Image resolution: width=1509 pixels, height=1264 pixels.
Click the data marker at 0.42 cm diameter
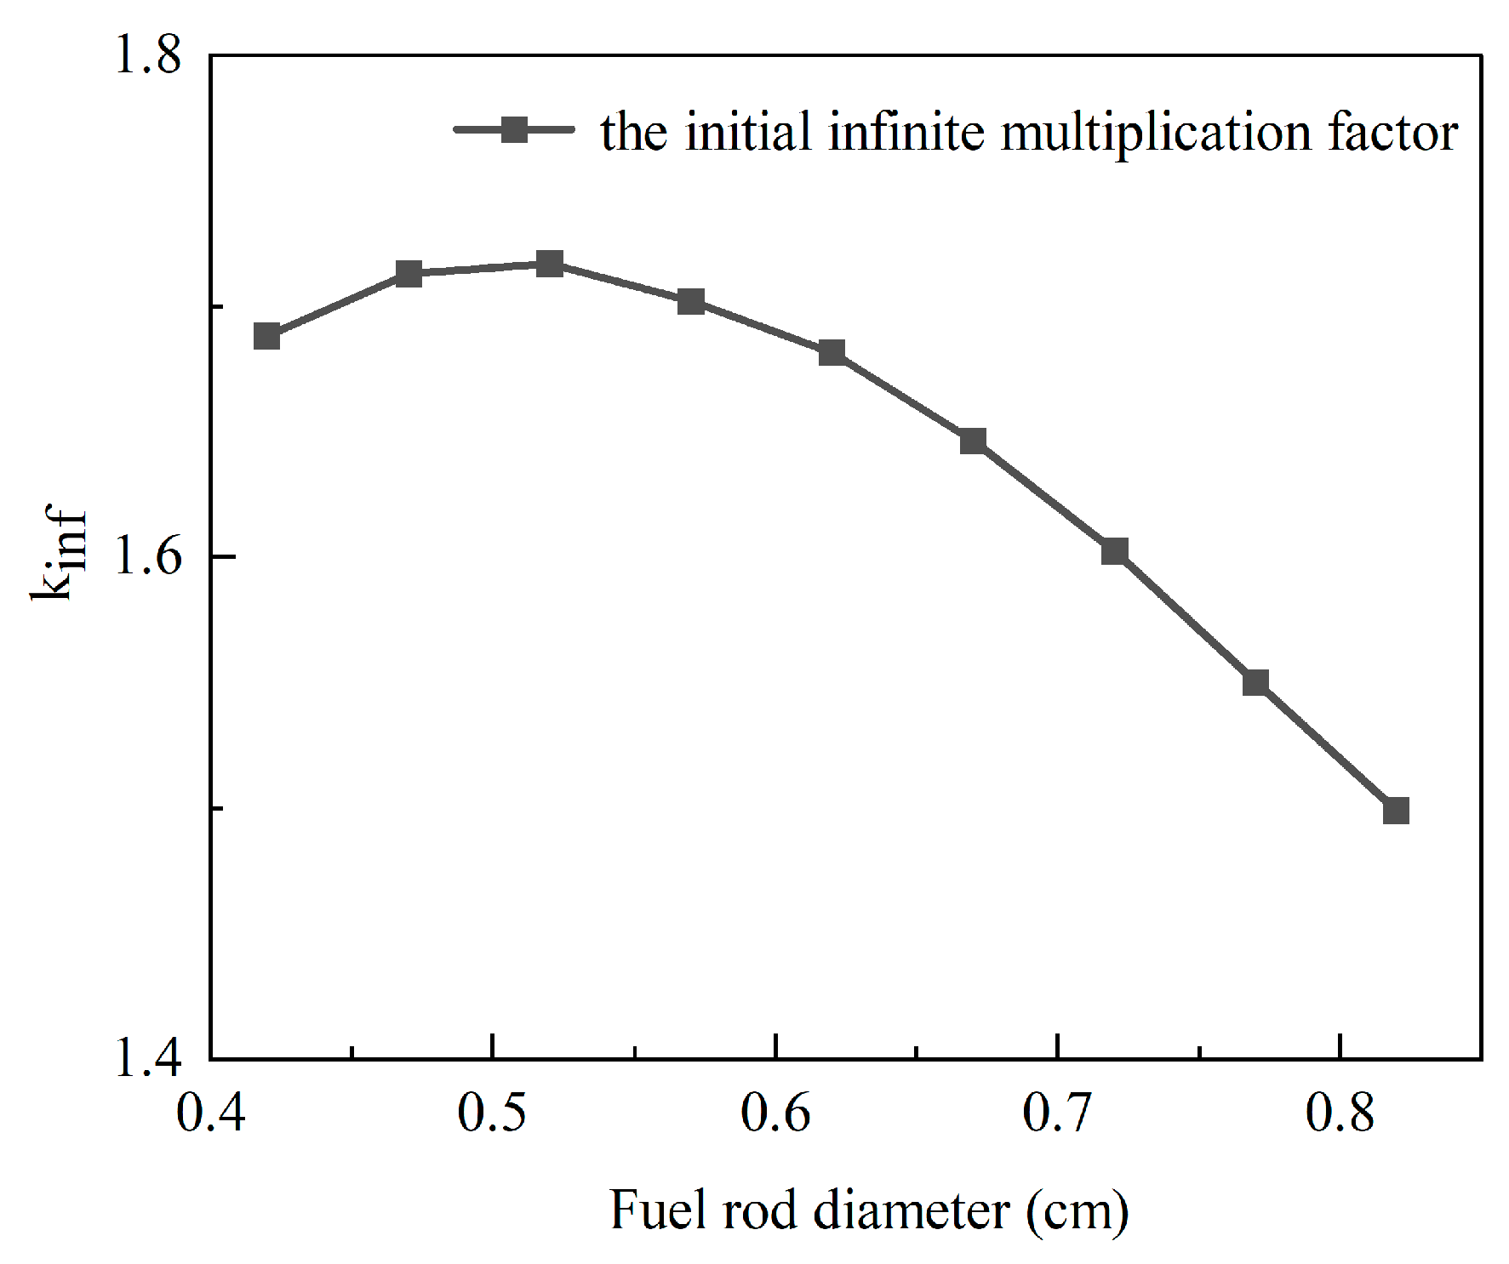click(267, 336)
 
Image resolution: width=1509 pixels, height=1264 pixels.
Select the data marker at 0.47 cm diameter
click(409, 274)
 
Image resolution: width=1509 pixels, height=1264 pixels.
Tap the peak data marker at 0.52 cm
click(550, 264)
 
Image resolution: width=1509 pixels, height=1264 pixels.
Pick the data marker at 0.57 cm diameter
click(691, 301)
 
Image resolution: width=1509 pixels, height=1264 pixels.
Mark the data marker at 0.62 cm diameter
click(832, 352)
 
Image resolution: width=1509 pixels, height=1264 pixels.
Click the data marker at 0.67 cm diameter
click(973, 441)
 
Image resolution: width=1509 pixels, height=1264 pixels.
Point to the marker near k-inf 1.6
click(1115, 551)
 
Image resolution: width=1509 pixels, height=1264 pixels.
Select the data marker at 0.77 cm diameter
click(1255, 682)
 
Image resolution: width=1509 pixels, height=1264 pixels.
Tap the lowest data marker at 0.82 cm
click(1396, 811)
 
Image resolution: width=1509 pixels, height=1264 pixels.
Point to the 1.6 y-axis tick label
click(148, 556)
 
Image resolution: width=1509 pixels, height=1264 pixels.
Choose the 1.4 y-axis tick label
click(148, 1058)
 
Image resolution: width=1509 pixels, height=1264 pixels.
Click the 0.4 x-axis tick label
click(210, 1112)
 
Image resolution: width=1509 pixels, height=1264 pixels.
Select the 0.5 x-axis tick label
click(492, 1112)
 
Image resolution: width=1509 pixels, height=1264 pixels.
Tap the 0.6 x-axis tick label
click(775, 1112)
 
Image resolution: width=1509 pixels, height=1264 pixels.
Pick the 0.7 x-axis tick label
click(1057, 1112)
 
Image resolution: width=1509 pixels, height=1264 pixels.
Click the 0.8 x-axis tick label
click(1340, 1112)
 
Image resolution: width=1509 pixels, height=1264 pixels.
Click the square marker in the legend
click(514, 130)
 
